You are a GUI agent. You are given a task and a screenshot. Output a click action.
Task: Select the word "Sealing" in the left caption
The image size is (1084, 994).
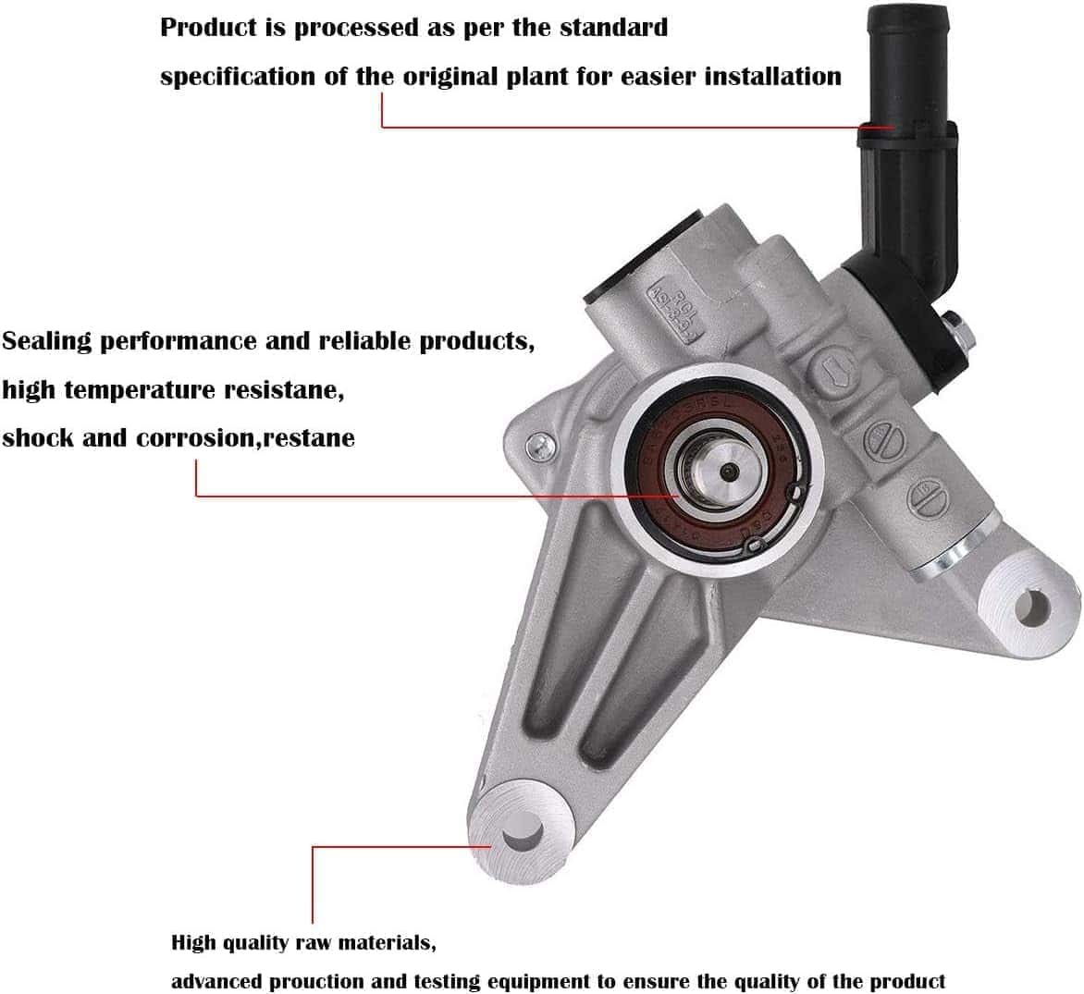[x=47, y=341]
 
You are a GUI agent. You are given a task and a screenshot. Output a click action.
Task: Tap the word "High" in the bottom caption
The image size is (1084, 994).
[x=193, y=943]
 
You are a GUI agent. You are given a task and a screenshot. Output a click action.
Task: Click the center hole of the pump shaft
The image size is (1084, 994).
[x=725, y=472]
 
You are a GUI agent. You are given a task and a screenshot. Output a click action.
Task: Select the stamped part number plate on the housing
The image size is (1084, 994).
[x=674, y=305]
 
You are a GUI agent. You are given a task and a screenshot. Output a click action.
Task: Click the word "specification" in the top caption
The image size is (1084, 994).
[x=238, y=76]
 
